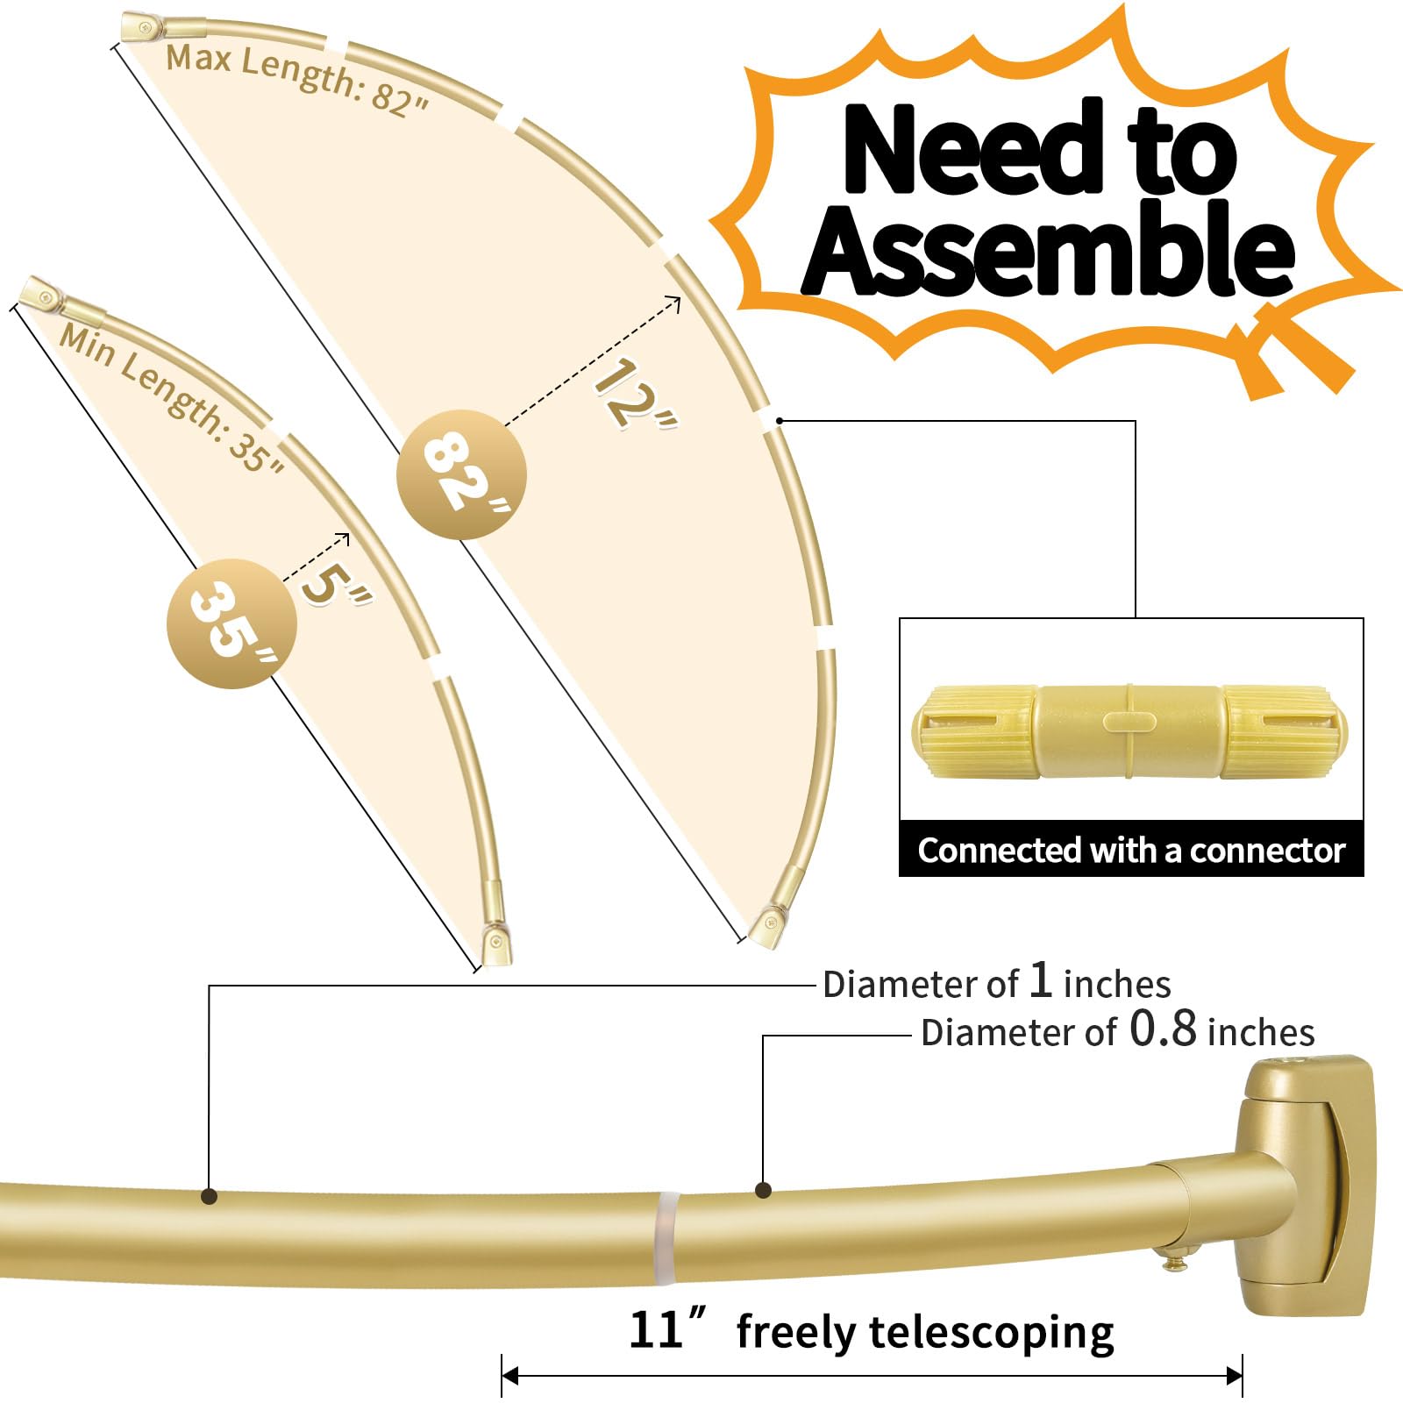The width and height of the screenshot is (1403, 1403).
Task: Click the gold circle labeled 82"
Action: pos(461,474)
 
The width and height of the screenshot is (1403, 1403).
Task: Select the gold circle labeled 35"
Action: pos(231,623)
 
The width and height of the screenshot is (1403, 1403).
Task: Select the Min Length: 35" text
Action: pos(171,399)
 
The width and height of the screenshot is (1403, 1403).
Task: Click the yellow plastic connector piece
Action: pos(1129,732)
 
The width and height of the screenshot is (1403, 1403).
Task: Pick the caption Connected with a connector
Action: pos(1131,851)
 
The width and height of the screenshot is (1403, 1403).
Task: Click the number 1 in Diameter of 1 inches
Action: pos(1040,979)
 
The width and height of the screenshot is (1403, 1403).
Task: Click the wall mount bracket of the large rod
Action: pos(1307,1184)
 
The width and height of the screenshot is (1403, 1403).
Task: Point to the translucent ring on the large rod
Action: pos(666,1236)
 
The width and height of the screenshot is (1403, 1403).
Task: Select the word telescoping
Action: pos(991,1332)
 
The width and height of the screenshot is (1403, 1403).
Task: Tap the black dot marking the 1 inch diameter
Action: pos(209,1195)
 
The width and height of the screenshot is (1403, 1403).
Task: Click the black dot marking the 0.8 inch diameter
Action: pos(763,1190)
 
